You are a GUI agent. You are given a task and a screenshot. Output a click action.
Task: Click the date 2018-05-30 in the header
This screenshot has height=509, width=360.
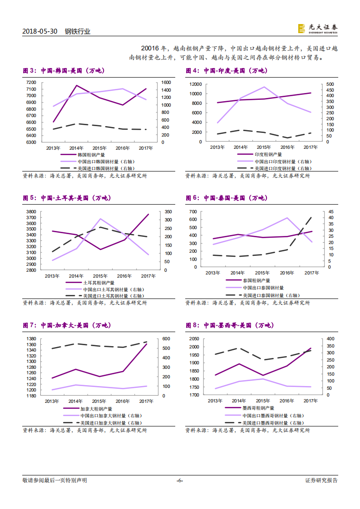click(x=39, y=31)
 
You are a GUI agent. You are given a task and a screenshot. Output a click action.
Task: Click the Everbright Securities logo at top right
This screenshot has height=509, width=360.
click(x=317, y=28)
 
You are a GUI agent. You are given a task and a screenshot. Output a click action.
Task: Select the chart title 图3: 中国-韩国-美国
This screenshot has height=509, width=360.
click(x=63, y=71)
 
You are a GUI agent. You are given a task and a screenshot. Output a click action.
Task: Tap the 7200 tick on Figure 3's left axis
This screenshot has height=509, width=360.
click(x=31, y=82)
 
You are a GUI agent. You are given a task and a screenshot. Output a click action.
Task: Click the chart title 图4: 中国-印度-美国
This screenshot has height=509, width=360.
click(x=226, y=71)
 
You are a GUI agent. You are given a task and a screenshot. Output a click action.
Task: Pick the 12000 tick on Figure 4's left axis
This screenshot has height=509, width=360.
click(x=196, y=84)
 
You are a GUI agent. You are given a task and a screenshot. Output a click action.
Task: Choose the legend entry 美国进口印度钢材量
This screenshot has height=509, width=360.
click(x=282, y=168)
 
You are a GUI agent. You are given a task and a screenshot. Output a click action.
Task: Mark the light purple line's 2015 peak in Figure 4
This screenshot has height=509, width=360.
click(x=264, y=87)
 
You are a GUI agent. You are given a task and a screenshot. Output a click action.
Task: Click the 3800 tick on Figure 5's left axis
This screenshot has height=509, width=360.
click(x=31, y=212)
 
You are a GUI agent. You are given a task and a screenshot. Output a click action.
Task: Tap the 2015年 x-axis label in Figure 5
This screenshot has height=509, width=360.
click(x=100, y=276)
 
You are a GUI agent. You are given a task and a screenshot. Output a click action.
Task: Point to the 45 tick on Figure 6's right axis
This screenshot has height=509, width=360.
click(x=330, y=212)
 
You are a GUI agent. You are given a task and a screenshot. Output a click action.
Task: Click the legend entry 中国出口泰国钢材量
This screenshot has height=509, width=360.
click(x=263, y=288)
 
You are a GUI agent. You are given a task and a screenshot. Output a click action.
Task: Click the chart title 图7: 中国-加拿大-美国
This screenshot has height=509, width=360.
click(x=67, y=325)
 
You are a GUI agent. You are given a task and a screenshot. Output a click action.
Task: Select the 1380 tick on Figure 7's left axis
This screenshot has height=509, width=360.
click(x=31, y=339)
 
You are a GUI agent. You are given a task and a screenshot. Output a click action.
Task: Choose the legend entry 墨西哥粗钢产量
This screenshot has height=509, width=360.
click(x=261, y=408)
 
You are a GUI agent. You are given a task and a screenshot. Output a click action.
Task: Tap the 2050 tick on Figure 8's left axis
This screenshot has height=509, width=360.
click(x=193, y=339)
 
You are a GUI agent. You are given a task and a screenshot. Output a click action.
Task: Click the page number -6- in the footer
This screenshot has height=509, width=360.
click(x=180, y=480)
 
